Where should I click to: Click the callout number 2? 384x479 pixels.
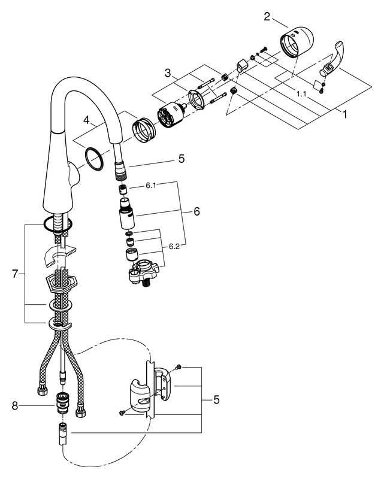[267, 17]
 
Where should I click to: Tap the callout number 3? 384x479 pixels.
[168, 73]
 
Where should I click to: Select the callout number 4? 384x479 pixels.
[86, 120]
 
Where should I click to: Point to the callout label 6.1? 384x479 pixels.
[151, 186]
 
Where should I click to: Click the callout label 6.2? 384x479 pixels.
[174, 247]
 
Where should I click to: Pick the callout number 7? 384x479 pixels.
[15, 274]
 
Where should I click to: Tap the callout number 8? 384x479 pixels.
[15, 407]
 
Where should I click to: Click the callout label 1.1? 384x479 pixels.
[301, 94]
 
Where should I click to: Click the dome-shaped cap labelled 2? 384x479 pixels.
[297, 41]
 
